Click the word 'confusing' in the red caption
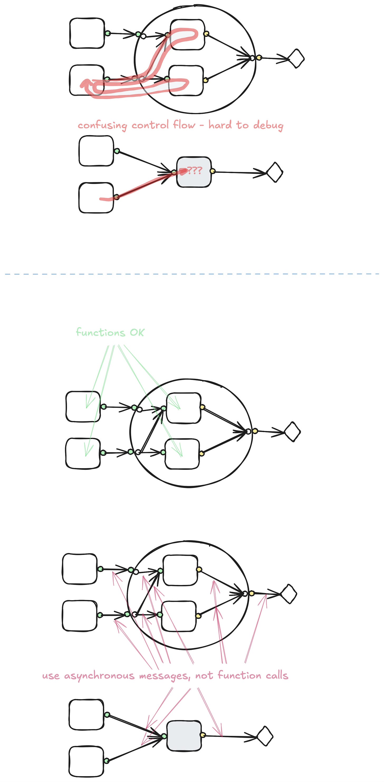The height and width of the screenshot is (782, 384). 102,125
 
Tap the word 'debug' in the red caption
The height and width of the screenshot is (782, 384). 268,125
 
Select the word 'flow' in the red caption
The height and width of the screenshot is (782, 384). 184,124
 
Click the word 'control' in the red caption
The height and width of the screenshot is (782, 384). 150,125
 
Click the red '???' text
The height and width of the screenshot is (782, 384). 194,170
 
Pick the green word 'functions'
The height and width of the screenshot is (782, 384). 100,333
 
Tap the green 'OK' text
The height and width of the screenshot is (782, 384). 137,333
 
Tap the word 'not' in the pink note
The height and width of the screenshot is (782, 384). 204,676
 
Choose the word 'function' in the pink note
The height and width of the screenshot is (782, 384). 239,675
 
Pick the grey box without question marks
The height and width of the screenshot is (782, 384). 184,736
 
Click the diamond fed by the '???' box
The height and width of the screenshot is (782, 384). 275,172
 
